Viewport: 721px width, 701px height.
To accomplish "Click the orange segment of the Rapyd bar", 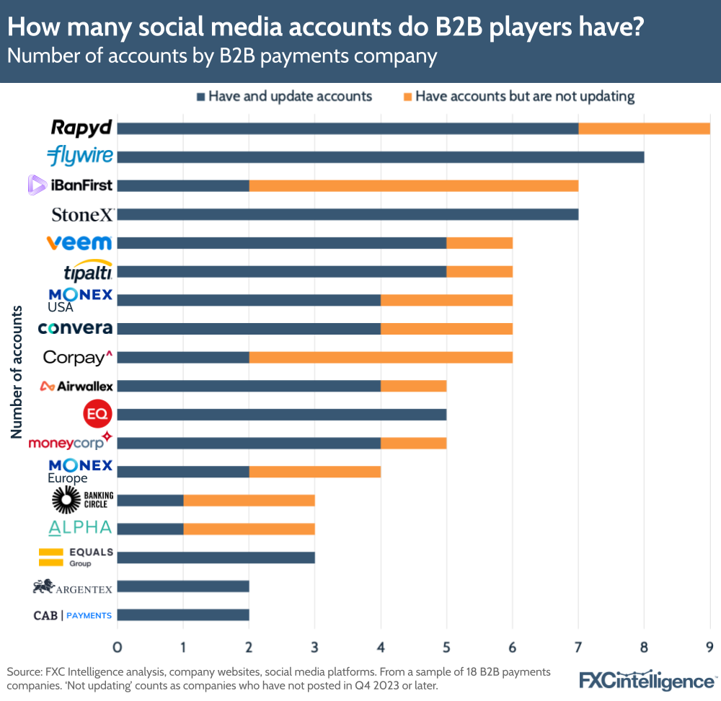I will (x=644, y=128).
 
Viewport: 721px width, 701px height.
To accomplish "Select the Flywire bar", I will (x=380, y=157).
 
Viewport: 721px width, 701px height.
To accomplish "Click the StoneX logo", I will (x=82, y=214).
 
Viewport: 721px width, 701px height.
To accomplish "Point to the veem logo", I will (x=79, y=242).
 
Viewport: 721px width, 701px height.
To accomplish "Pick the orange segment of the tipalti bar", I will (x=479, y=271).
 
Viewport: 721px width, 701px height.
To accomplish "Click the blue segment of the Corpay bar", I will (x=182, y=357).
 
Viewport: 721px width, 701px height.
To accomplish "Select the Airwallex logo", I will (x=76, y=386).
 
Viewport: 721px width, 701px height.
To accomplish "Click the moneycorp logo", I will (x=70, y=441).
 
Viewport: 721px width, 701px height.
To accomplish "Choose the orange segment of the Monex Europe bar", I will (x=314, y=472).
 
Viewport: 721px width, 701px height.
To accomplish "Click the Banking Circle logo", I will (x=82, y=500).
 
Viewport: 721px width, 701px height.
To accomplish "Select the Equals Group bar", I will (x=216, y=557).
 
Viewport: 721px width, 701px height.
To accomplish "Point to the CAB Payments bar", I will (x=182, y=614).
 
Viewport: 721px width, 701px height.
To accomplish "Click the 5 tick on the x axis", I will (x=446, y=643).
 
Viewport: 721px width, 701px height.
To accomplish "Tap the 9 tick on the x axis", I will (x=709, y=643).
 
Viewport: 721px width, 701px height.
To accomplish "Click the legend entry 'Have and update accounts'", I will (x=289, y=97).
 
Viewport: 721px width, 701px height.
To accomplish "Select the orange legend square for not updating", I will (x=407, y=97).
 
